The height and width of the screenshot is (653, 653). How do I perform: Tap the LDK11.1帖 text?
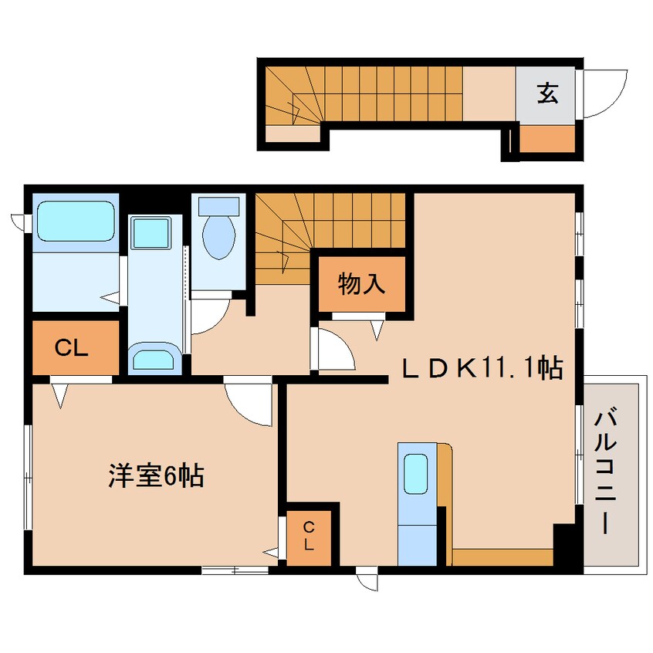tap(481, 369)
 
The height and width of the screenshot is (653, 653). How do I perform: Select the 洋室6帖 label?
tap(155, 476)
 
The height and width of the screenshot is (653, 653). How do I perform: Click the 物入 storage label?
tap(360, 284)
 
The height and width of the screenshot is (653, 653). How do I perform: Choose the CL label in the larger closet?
tap(73, 347)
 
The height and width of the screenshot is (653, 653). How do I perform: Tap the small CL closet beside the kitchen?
tap(309, 535)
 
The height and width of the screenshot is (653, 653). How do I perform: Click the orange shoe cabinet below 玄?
tap(547, 139)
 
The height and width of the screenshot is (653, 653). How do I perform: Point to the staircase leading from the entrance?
tap(363, 94)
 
